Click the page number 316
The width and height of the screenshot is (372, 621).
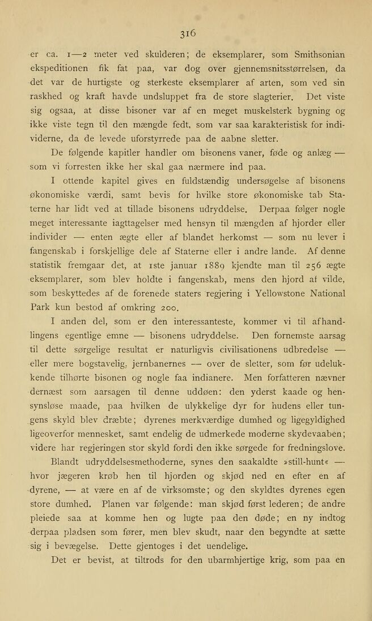pos(186,33)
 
